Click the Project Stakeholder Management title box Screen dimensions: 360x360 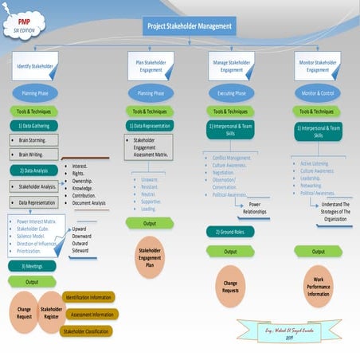[x=190, y=26]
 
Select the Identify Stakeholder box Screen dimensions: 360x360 [x=35, y=65]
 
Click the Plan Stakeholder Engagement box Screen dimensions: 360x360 [x=150, y=65]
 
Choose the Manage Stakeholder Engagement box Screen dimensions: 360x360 [x=231, y=65]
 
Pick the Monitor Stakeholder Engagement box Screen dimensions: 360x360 [x=316, y=65]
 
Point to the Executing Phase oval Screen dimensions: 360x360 [x=231, y=93]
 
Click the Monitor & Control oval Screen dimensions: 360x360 [x=316, y=93]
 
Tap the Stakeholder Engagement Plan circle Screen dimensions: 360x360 [x=150, y=262]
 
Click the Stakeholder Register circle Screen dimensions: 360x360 [x=51, y=313]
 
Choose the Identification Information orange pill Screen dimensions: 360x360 [x=89, y=297]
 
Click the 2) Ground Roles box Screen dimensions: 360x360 [x=231, y=232]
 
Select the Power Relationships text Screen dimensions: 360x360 [x=255, y=209]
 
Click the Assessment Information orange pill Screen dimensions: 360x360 [x=90, y=314]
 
